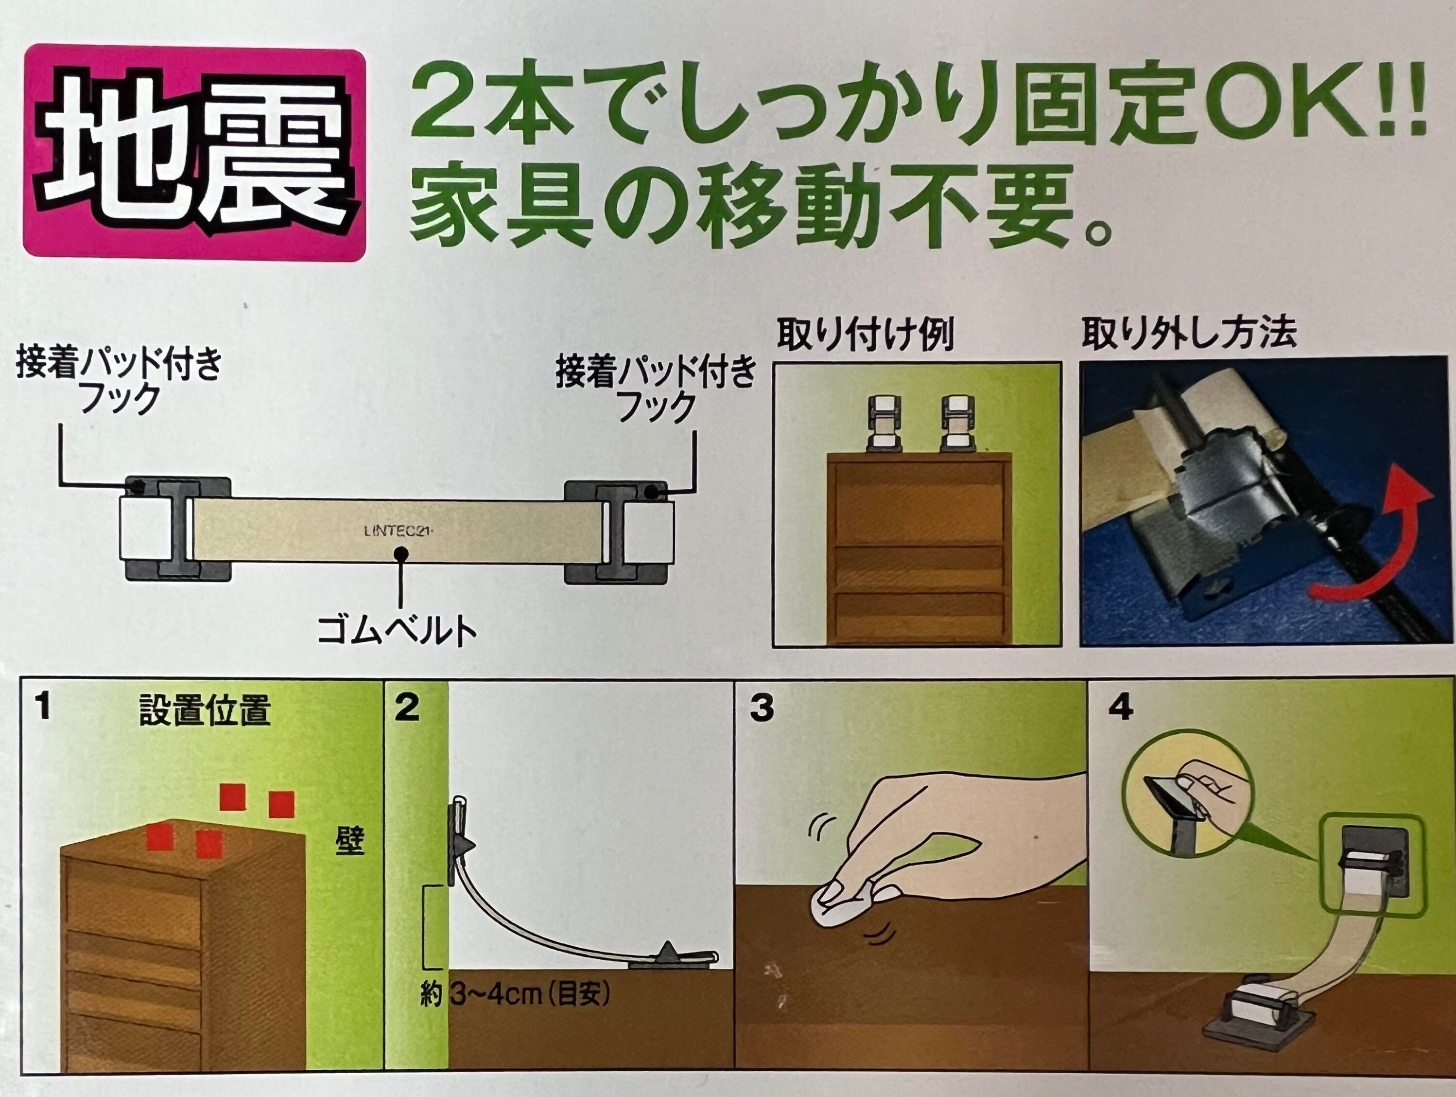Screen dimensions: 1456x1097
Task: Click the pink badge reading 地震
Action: (x=194, y=152)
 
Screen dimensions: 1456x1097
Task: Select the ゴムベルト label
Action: (x=397, y=630)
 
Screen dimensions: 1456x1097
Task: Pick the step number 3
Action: (x=762, y=708)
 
